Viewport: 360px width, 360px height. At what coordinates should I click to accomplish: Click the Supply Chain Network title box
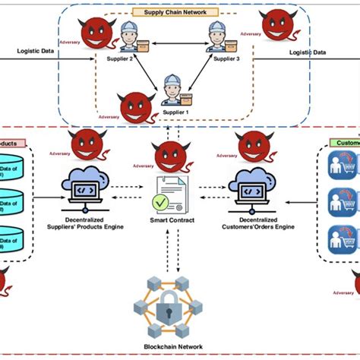175,12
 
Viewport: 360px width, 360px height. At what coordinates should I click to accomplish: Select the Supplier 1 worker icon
172,90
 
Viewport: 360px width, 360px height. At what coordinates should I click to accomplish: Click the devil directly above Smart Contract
170,156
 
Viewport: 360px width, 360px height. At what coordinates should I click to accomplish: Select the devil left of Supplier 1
134,108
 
